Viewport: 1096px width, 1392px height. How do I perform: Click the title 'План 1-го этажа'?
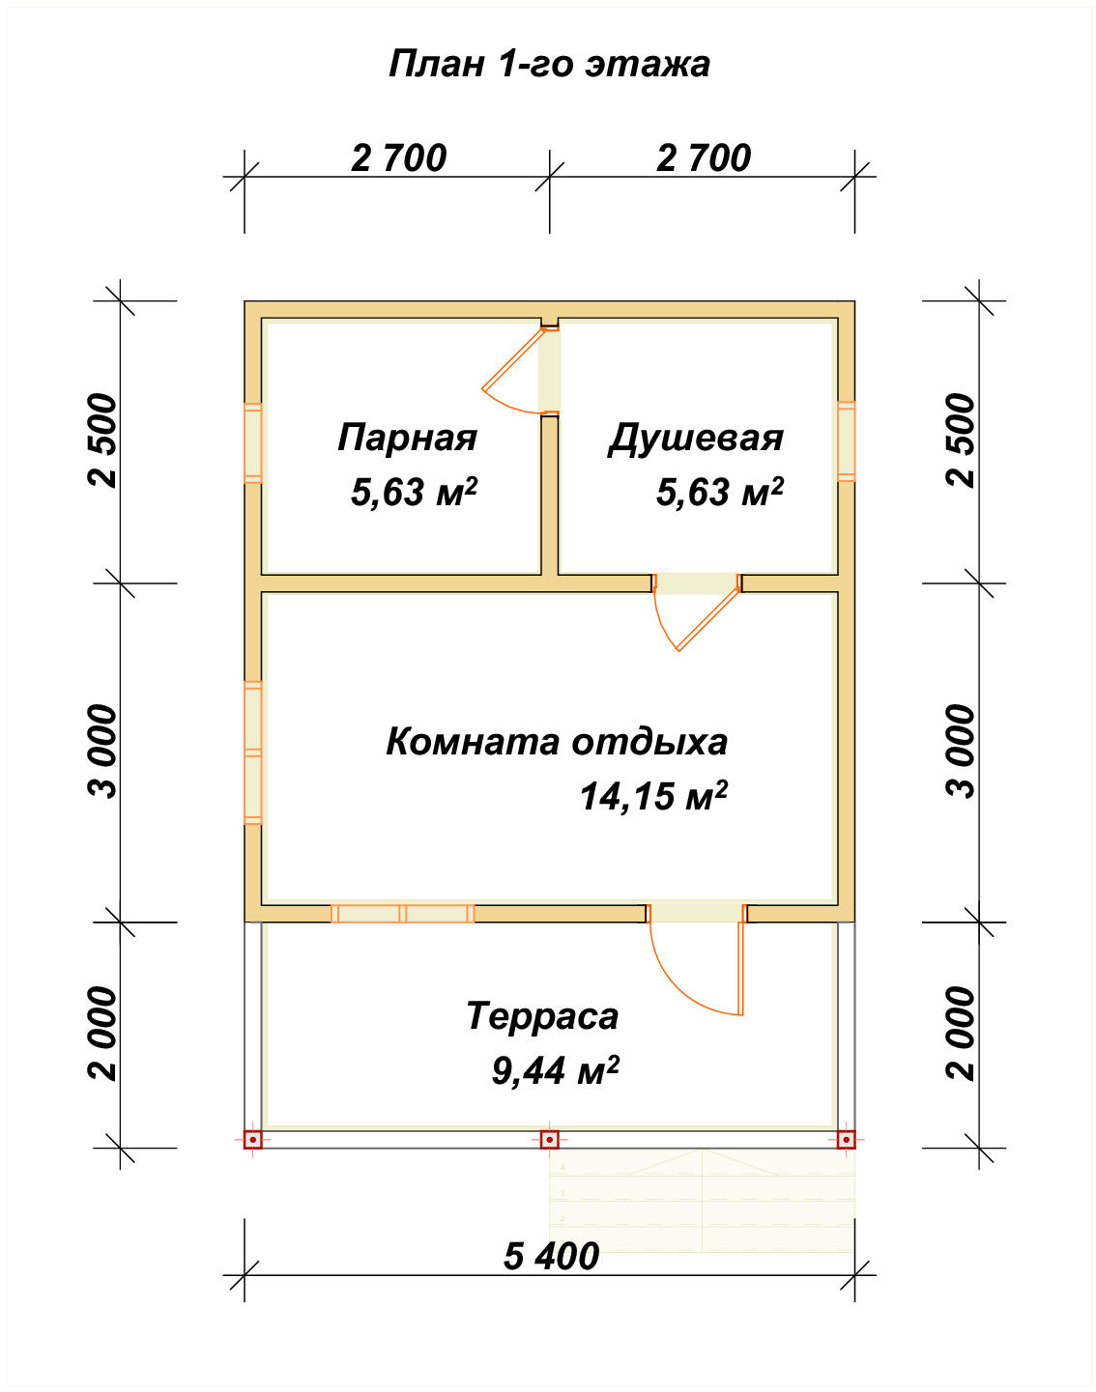(549, 64)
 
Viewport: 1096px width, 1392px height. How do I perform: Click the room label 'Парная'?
(407, 438)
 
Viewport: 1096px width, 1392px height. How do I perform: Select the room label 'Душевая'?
(695, 438)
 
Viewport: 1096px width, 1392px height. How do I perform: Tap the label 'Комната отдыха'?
(556, 742)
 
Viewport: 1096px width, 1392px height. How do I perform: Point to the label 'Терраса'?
(541, 1016)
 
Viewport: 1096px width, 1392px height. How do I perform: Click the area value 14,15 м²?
(652, 797)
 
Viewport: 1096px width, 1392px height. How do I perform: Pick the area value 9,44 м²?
(555, 1071)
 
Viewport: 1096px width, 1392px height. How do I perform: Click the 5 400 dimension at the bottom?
(551, 1256)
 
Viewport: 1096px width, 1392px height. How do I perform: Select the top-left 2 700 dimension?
(398, 157)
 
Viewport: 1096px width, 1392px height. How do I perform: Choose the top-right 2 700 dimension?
(704, 157)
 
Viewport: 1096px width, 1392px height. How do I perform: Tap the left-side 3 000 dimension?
(102, 752)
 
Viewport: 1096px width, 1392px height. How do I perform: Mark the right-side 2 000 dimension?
(962, 1034)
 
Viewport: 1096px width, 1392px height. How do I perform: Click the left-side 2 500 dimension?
(102, 440)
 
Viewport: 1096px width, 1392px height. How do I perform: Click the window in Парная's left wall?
(252, 442)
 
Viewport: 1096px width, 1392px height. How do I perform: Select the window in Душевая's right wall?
(846, 440)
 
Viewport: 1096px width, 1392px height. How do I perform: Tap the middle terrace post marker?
(549, 1140)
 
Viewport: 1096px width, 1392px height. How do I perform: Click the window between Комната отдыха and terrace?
(403, 913)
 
